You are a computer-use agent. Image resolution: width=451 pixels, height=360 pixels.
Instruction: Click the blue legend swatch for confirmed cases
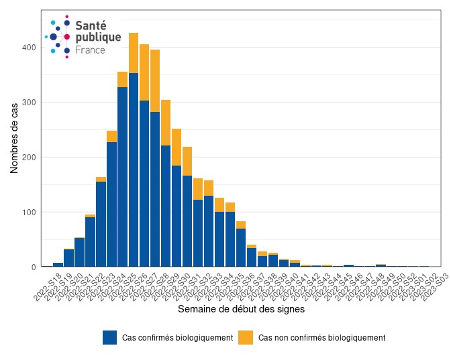coord(110,337)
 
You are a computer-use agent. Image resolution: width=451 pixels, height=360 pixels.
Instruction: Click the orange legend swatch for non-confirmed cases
coord(247,337)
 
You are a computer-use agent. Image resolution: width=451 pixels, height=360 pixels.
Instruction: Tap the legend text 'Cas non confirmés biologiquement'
coord(321,338)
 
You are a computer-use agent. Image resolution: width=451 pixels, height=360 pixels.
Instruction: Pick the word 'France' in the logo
coord(90,50)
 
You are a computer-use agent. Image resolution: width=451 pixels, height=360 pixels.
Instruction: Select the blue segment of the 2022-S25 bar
coord(134,168)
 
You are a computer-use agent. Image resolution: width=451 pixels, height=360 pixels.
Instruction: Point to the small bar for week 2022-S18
coord(58,265)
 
